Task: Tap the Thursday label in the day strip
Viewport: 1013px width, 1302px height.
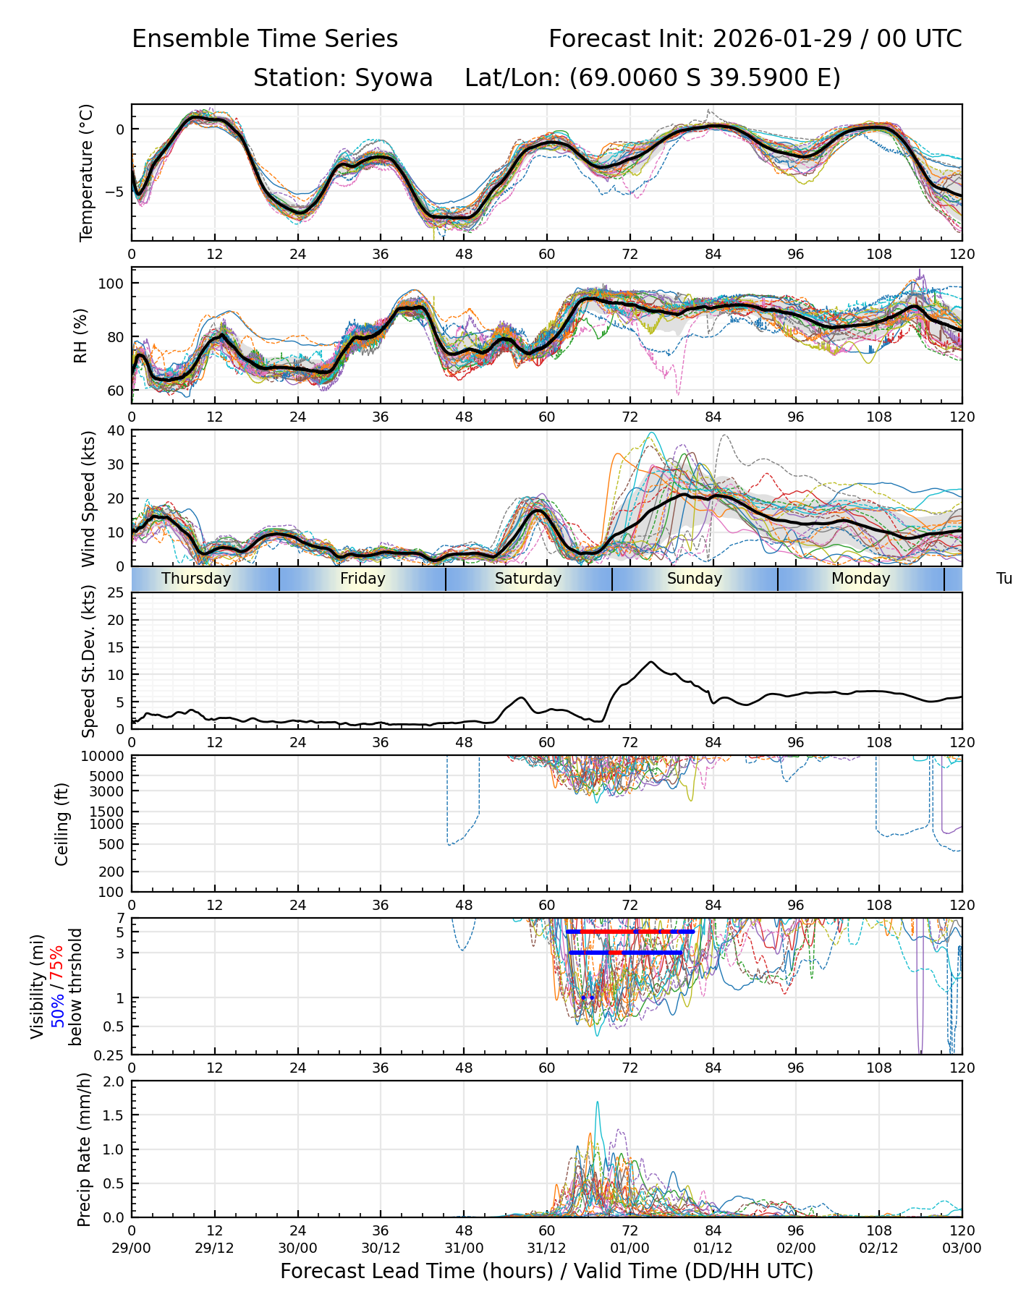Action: pos(196,579)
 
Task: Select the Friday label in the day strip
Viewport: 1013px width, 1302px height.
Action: pos(363,579)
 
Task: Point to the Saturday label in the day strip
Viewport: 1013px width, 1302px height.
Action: pos(528,579)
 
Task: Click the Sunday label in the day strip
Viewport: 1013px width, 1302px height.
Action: pos(695,579)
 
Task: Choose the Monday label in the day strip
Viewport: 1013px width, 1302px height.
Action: pos(860,579)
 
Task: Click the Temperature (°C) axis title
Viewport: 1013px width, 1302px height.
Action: pos(87,172)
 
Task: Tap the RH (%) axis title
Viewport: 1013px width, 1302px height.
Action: pos(80,336)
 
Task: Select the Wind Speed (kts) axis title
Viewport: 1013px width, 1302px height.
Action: pos(88,498)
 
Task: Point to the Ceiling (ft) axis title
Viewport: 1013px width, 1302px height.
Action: pos(62,824)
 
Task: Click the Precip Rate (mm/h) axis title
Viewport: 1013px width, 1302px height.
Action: pos(85,1149)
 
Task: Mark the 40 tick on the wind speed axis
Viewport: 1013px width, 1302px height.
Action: pos(116,430)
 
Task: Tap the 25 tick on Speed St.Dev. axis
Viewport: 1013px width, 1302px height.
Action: pos(116,593)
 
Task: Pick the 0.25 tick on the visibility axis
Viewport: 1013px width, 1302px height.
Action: pos(111,1054)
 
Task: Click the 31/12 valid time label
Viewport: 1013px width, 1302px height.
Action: pos(546,1248)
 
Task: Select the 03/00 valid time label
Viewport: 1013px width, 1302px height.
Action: pos(962,1248)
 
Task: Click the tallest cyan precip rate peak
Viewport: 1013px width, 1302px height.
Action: pos(597,1102)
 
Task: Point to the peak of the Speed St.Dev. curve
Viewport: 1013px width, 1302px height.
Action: pos(651,662)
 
